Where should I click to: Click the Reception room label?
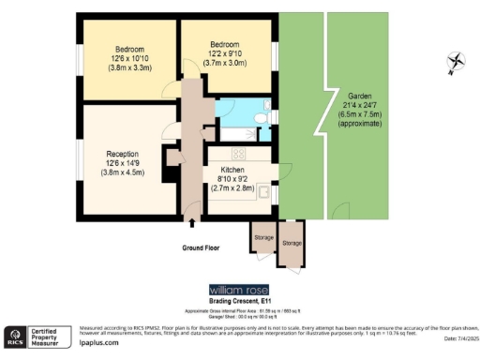point(123,154)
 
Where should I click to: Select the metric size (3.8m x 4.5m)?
point(123,174)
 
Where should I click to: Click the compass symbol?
point(457,63)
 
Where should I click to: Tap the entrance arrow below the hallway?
point(193,223)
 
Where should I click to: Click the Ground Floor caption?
point(202,248)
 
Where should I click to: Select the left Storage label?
point(262,237)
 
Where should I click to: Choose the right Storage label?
point(292,243)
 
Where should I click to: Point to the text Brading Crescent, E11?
point(239,301)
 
